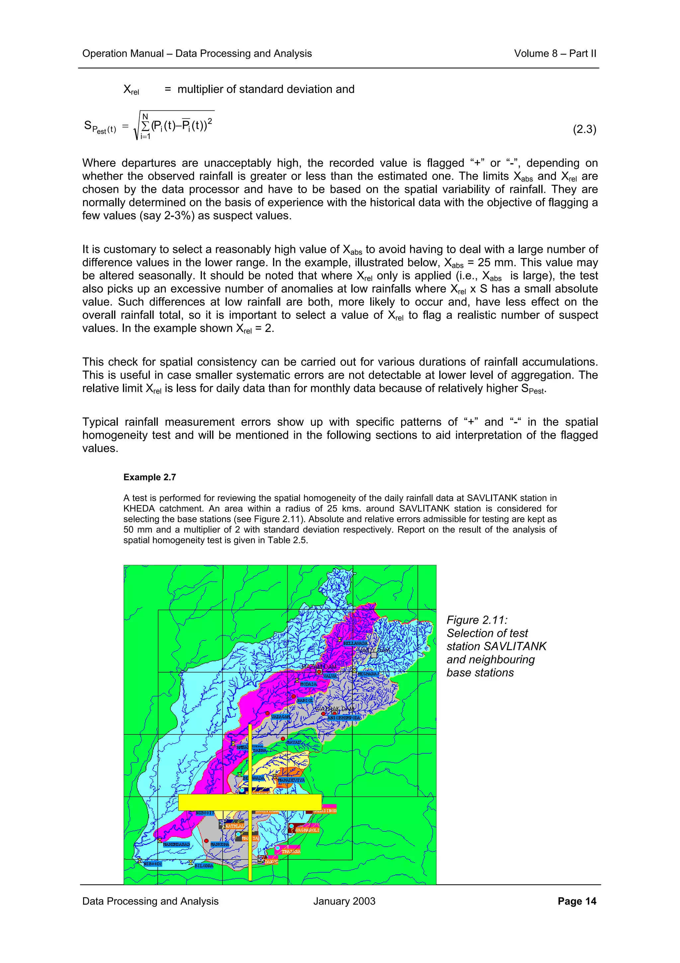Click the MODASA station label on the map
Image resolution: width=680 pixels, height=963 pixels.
point(308,684)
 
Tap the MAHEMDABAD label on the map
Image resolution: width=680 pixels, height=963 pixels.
point(176,844)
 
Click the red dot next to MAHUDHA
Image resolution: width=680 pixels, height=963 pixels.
point(206,840)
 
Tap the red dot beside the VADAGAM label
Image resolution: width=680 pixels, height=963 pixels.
point(267,713)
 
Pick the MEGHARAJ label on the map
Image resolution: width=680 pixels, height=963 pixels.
point(368,674)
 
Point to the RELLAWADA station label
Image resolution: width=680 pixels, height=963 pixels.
point(355,643)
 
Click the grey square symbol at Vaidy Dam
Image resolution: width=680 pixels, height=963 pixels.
point(374,655)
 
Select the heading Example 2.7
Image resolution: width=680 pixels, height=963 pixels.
point(149,477)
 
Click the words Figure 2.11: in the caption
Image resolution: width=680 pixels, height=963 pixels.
point(477,620)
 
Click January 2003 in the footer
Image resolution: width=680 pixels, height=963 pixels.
point(344,901)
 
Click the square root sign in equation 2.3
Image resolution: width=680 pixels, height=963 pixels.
point(136,126)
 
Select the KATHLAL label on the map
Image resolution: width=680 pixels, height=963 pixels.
point(235,825)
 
